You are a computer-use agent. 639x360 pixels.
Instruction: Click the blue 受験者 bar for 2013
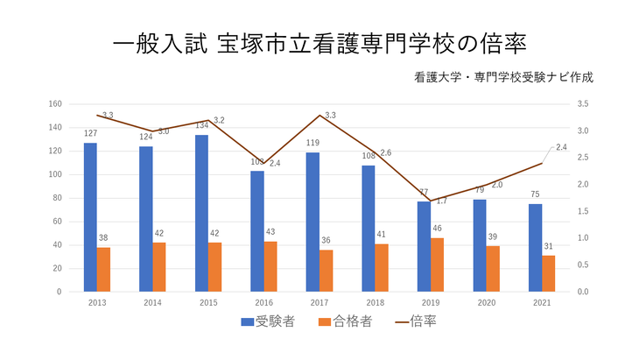tap(90, 216)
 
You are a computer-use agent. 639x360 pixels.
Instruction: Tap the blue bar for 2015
tap(201, 213)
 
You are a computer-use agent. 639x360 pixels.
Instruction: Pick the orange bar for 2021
tap(549, 272)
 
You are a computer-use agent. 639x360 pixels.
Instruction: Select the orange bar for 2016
tap(270, 265)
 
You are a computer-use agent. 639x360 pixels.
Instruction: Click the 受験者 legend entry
tap(269, 321)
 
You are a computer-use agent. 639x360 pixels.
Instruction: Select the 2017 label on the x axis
tap(319, 302)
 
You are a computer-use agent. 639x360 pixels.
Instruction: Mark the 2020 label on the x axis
tap(487, 302)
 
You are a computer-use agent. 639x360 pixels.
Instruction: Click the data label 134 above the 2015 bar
tap(201, 125)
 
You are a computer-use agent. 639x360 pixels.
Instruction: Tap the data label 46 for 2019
tap(438, 229)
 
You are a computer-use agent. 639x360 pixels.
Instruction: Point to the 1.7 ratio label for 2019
tap(441, 201)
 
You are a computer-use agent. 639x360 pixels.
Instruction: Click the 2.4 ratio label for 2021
tap(561, 147)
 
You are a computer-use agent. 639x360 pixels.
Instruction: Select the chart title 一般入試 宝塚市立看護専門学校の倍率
tap(319, 42)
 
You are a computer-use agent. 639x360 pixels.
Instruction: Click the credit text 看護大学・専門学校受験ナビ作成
tap(505, 77)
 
